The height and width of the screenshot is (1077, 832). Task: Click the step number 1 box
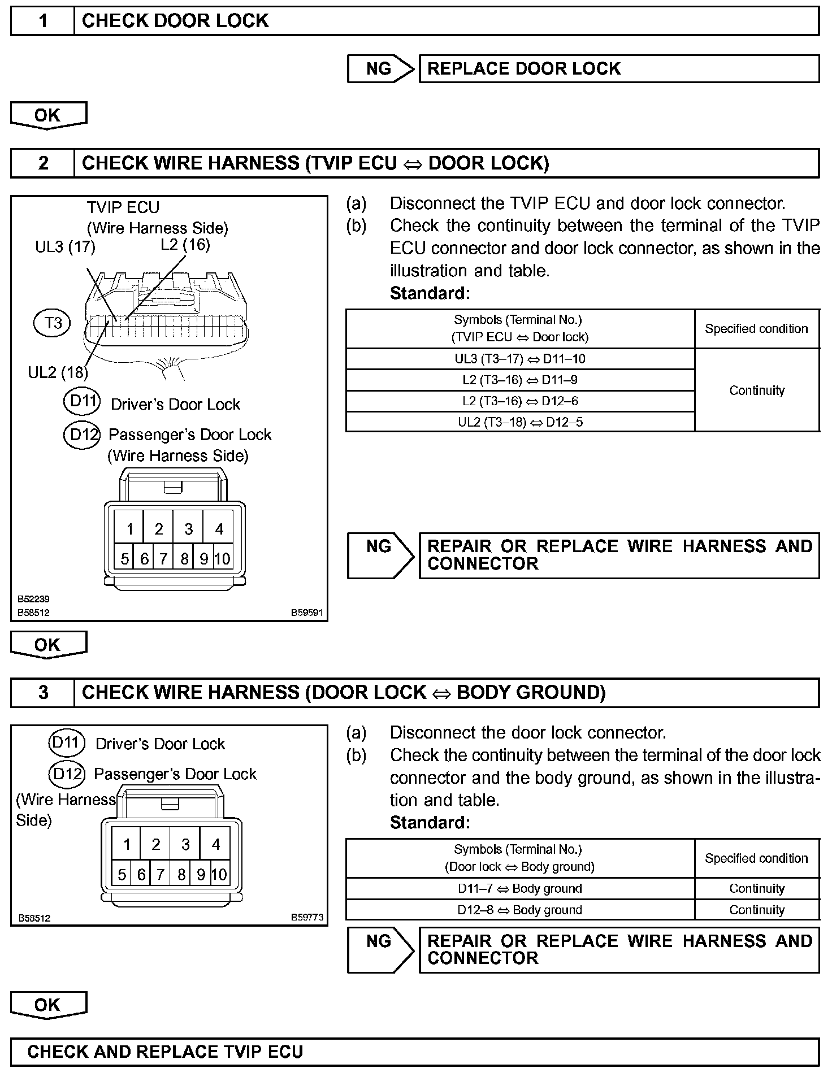43,21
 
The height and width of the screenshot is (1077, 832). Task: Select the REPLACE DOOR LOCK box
618,69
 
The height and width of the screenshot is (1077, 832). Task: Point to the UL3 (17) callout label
65,247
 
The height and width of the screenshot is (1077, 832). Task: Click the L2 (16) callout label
185,245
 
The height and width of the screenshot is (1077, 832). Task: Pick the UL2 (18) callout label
58,372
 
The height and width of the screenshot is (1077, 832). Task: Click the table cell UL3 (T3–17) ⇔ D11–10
520,359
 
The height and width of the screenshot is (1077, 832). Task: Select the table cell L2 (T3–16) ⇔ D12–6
520,401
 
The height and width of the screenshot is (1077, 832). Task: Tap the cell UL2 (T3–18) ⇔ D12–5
520,422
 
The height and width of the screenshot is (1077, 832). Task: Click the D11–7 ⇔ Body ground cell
520,888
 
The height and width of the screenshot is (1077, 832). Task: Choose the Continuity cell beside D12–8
757,910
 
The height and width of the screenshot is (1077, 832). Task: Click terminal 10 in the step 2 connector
223,559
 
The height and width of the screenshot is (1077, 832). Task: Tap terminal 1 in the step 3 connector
127,844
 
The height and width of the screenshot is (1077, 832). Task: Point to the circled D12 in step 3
67,773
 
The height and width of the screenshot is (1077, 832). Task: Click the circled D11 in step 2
82,402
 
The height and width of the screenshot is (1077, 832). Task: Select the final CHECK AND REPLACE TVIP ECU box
415,1052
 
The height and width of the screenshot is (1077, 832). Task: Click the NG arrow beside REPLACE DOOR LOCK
380,69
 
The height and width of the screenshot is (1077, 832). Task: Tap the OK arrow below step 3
48,1005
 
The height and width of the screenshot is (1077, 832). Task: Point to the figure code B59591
307,612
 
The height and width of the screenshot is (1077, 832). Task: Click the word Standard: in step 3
430,823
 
